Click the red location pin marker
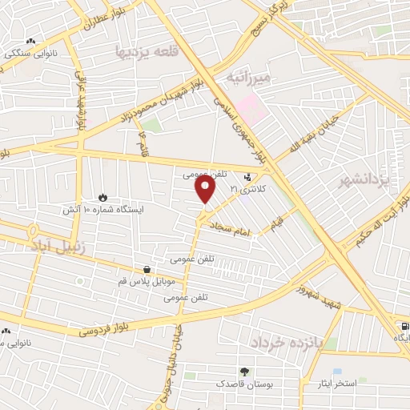(x=206, y=189)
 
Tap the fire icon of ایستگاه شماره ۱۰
(x=102, y=197)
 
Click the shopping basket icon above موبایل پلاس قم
(x=147, y=270)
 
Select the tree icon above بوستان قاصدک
(x=243, y=372)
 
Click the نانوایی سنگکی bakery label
(x=28, y=54)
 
